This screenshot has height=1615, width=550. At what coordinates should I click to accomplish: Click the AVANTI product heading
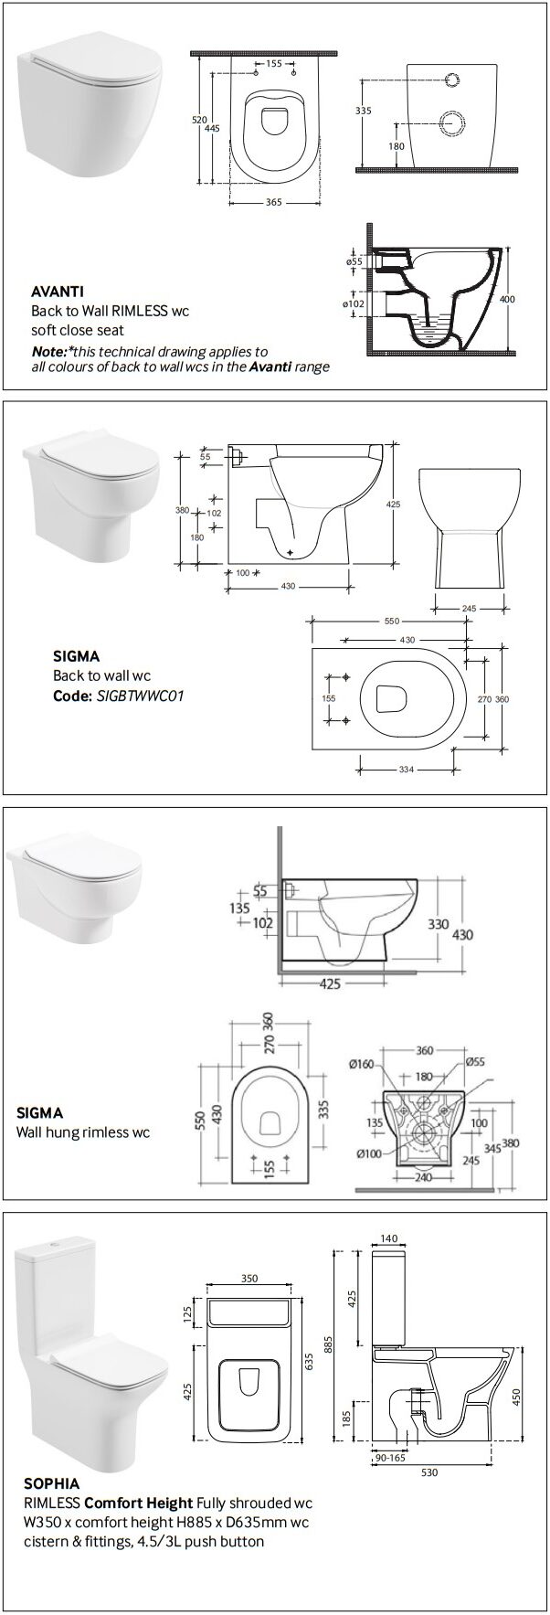click(54, 292)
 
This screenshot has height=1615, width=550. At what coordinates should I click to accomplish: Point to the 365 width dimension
click(272, 203)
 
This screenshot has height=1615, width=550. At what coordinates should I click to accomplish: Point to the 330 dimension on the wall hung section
click(439, 923)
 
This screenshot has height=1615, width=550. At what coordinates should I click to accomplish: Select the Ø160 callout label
click(361, 1064)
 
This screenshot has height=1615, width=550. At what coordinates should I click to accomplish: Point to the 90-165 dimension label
click(390, 1483)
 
